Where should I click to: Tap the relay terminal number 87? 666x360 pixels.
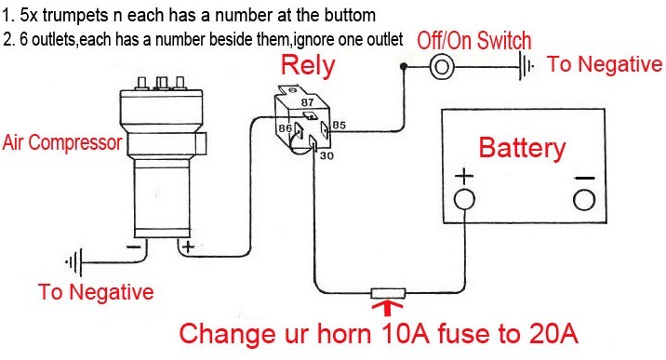(x=308, y=102)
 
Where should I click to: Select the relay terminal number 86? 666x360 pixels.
(x=285, y=127)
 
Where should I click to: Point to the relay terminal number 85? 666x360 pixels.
(x=339, y=126)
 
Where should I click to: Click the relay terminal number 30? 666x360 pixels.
(x=326, y=155)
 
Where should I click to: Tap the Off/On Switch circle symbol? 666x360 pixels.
(x=442, y=67)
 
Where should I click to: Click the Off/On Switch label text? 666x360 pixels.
(x=474, y=41)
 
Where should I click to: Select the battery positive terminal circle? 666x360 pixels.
(x=465, y=199)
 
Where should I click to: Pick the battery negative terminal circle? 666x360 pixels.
(x=584, y=200)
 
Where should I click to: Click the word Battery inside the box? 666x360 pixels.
(x=522, y=148)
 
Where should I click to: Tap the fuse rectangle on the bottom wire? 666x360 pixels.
(x=388, y=293)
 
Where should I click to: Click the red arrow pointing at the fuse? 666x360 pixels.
(x=387, y=308)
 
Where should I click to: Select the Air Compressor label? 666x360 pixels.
(x=62, y=142)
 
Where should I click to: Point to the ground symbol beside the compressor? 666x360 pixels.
(x=73, y=262)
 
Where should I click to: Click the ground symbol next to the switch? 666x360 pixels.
(x=526, y=66)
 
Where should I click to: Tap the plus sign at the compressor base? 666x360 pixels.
(x=188, y=247)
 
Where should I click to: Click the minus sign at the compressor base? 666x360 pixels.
(x=133, y=247)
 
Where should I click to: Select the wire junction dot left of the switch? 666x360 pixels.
(x=404, y=66)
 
